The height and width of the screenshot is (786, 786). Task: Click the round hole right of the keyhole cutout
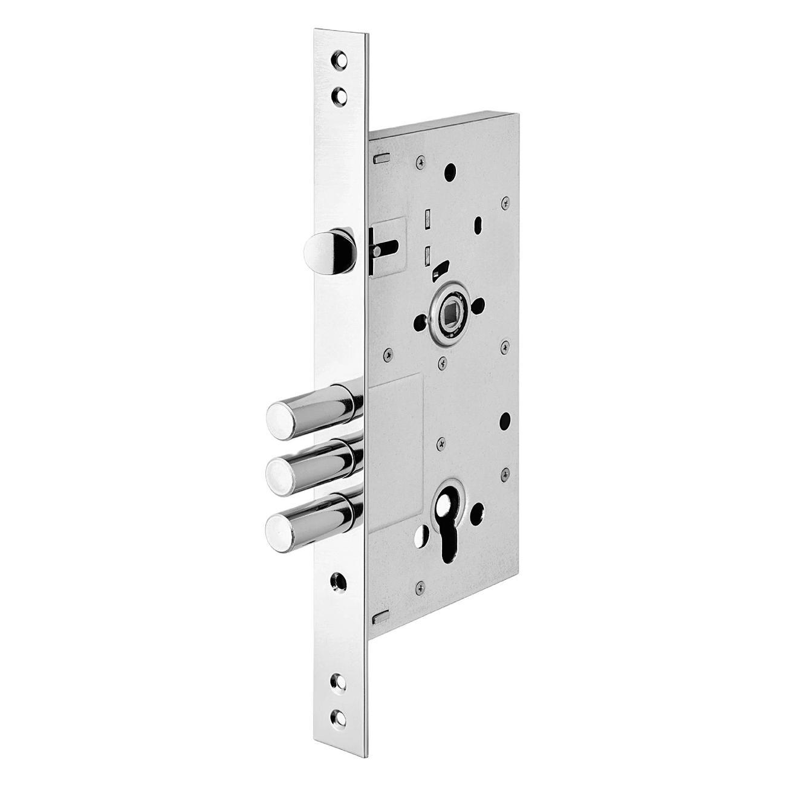coord(481,510)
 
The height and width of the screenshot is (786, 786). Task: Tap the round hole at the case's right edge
coord(505,418)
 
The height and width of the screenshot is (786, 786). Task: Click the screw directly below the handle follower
coord(443,362)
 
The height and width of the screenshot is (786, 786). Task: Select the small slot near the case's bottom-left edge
coord(380,617)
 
